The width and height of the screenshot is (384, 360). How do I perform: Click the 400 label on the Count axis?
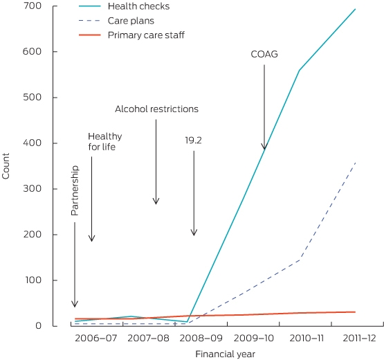(x=32, y=143)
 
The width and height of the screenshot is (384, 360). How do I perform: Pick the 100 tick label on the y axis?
(x=33, y=280)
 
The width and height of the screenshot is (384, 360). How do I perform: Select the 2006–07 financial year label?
(x=96, y=338)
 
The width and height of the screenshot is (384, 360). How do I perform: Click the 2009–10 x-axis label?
(x=254, y=338)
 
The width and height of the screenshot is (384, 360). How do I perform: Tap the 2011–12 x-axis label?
(x=359, y=338)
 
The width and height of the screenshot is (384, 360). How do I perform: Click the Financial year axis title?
(x=226, y=354)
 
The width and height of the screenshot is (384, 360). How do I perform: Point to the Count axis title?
(x=6, y=166)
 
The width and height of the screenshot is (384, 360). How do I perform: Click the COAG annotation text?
(x=264, y=54)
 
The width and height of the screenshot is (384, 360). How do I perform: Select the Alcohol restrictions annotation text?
(x=157, y=109)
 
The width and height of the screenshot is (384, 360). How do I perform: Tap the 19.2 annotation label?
(x=193, y=141)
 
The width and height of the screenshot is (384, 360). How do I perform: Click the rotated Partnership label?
(x=75, y=190)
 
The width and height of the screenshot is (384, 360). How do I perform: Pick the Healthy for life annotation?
(x=105, y=142)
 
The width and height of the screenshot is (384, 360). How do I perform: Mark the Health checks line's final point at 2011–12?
(x=355, y=9)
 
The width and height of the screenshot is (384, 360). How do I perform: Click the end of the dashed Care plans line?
(x=355, y=163)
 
